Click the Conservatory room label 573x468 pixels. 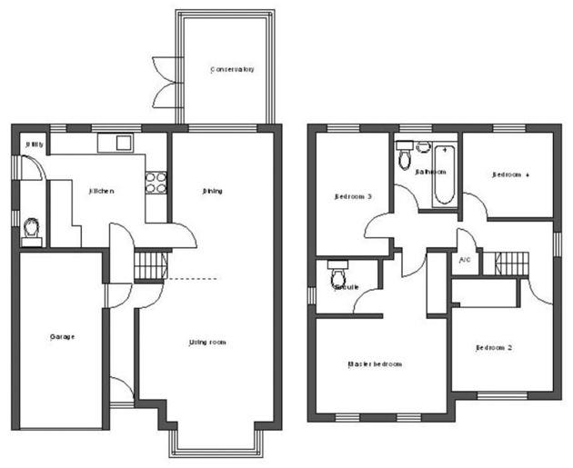232,70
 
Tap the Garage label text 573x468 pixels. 62,336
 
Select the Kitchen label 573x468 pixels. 101,191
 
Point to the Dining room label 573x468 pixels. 213,191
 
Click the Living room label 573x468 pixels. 207,342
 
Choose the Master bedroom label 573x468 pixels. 375,363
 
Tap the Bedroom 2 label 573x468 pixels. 495,347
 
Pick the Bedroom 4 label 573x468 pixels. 510,174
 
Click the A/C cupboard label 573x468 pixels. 465,260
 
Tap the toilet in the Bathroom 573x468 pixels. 405,156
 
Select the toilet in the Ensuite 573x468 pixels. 340,274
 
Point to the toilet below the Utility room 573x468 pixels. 33,230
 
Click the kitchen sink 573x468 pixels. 116,142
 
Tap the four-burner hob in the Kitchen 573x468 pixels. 156,182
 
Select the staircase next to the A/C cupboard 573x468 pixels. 510,264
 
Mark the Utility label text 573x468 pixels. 34,144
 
